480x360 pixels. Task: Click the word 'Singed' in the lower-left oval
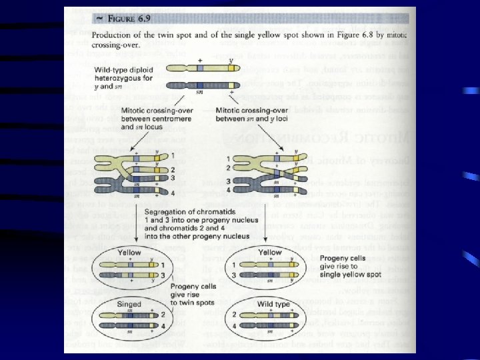click(x=128, y=303)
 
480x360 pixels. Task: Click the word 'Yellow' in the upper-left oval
click(x=129, y=253)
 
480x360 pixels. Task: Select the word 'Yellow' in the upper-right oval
click(x=271, y=253)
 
